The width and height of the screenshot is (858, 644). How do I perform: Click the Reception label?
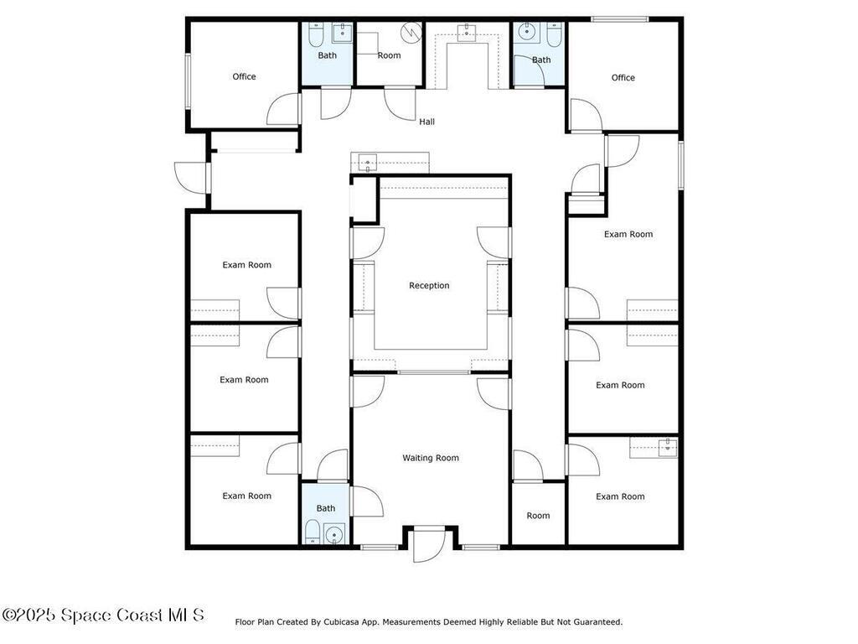pos(429,285)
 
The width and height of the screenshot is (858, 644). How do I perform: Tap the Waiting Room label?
pos(431,458)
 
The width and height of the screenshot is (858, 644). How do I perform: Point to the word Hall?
pos(426,122)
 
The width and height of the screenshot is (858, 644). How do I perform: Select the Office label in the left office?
pos(244,76)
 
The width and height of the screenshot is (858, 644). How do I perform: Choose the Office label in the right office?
pos(623,78)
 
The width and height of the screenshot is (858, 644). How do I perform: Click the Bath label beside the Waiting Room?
pos(326,508)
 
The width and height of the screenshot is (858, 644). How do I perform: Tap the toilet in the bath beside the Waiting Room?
pos(312,532)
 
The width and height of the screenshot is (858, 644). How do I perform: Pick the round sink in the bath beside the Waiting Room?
pos(333,533)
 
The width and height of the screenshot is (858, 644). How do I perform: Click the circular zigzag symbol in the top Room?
pos(411,32)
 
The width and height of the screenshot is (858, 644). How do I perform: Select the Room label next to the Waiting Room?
pos(538,516)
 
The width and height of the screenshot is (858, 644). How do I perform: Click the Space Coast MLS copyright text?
pos(103,615)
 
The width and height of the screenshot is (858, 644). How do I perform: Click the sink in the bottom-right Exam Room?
pos(668,448)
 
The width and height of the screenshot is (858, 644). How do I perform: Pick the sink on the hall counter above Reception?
pos(367,164)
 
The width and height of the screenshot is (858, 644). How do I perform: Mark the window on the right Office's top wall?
pos(619,20)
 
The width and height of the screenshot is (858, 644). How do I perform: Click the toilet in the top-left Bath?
pos(316,34)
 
